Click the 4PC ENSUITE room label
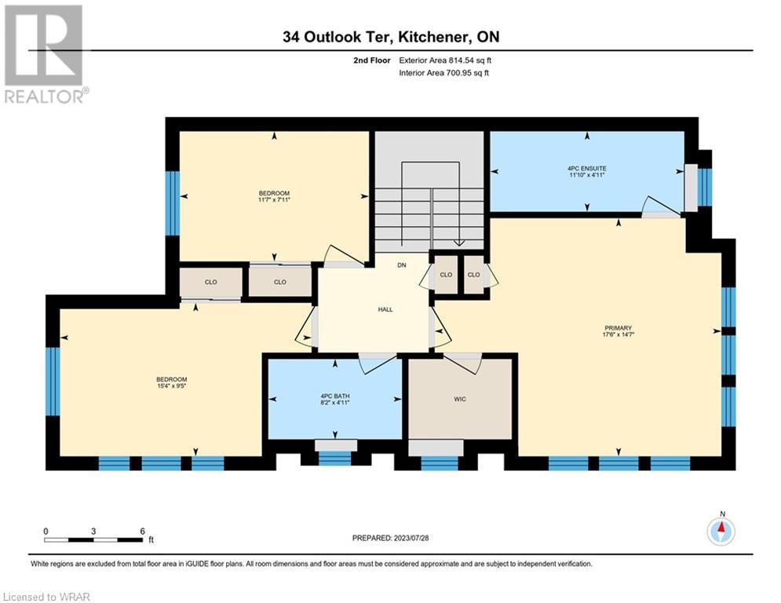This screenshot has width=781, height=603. point(587,169)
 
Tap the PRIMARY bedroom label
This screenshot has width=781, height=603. point(618,328)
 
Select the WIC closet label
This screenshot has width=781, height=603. point(460,399)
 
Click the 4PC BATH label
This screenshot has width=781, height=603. point(334,397)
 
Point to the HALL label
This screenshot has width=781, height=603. point(385,309)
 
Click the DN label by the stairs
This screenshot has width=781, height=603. point(402,265)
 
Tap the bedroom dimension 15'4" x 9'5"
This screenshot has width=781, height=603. point(171,386)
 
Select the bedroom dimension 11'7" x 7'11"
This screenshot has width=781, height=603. point(274,200)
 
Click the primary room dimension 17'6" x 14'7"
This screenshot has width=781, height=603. point(618,335)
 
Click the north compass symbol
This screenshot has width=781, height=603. point(721,532)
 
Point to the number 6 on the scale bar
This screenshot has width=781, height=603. point(142,532)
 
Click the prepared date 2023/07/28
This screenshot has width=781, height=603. point(411,538)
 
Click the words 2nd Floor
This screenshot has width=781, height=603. point(372,60)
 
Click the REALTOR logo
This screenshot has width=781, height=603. point(45,54)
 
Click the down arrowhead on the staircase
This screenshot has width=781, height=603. point(458,243)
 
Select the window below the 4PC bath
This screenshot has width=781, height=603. point(334,458)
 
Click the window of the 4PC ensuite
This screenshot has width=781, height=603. point(704,188)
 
